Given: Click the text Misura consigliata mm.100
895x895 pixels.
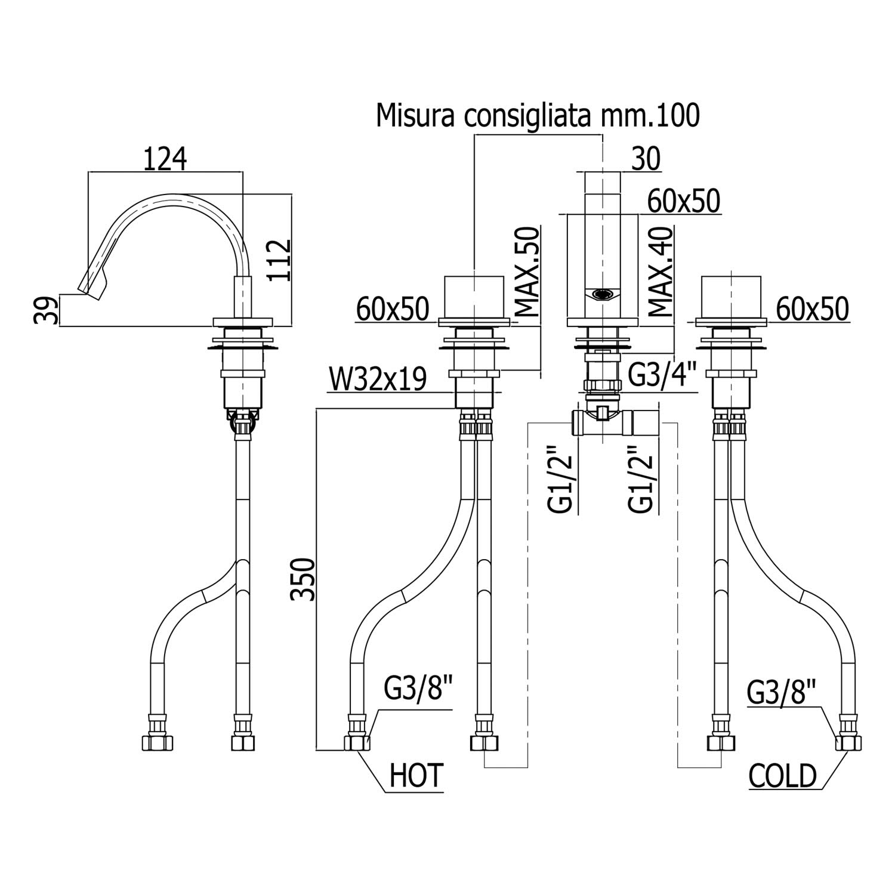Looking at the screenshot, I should (537, 116).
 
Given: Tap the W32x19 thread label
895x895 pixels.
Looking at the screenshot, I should (377, 380).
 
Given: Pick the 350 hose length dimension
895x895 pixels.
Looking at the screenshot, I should (302, 579).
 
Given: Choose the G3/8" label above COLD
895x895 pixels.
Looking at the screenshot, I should (781, 693).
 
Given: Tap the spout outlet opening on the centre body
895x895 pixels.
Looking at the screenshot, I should (602, 294).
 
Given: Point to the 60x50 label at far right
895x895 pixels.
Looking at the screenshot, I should (812, 309).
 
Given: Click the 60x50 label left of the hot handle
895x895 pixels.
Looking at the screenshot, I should (393, 309).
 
